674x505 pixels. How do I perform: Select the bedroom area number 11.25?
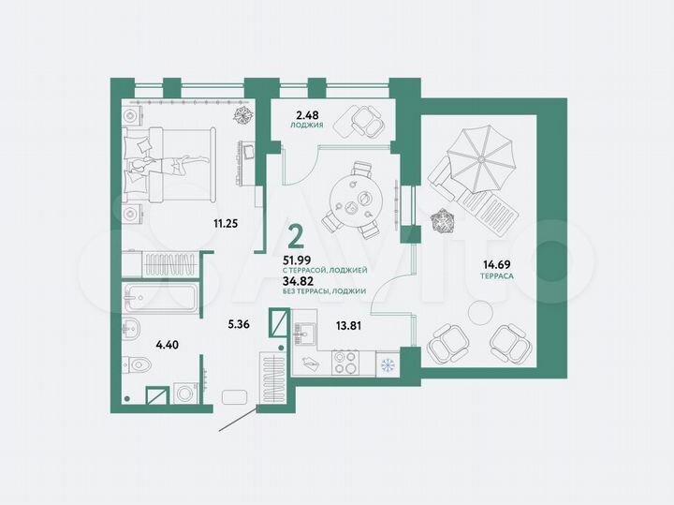(x=224, y=222)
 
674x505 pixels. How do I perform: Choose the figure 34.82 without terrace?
(x=299, y=280)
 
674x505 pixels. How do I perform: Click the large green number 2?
(x=295, y=232)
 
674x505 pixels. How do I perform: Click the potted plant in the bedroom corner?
(x=242, y=116)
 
